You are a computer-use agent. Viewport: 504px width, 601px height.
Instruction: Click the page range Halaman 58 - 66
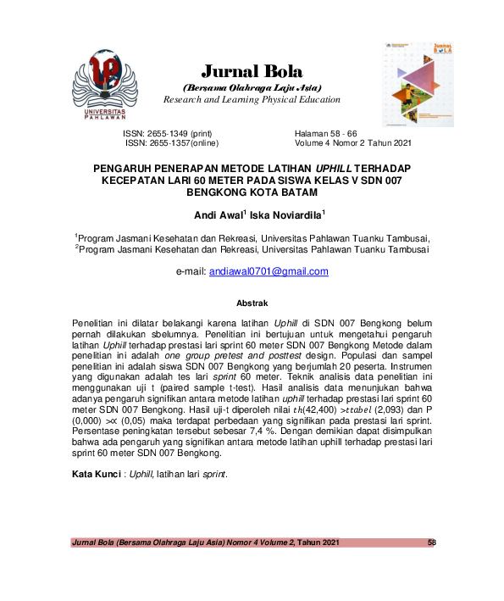tap(326, 134)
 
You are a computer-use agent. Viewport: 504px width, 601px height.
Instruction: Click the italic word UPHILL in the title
tap(340, 169)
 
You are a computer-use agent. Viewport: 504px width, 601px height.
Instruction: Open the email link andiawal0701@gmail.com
tap(269, 272)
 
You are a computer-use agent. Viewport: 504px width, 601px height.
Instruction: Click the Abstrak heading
tap(252, 303)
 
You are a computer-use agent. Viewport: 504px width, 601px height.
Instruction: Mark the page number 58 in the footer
tap(431, 542)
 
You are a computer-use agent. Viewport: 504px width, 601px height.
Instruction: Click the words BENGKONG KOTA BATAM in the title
tap(251, 192)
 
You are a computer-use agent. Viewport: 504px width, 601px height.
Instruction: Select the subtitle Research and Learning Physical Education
tap(252, 99)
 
